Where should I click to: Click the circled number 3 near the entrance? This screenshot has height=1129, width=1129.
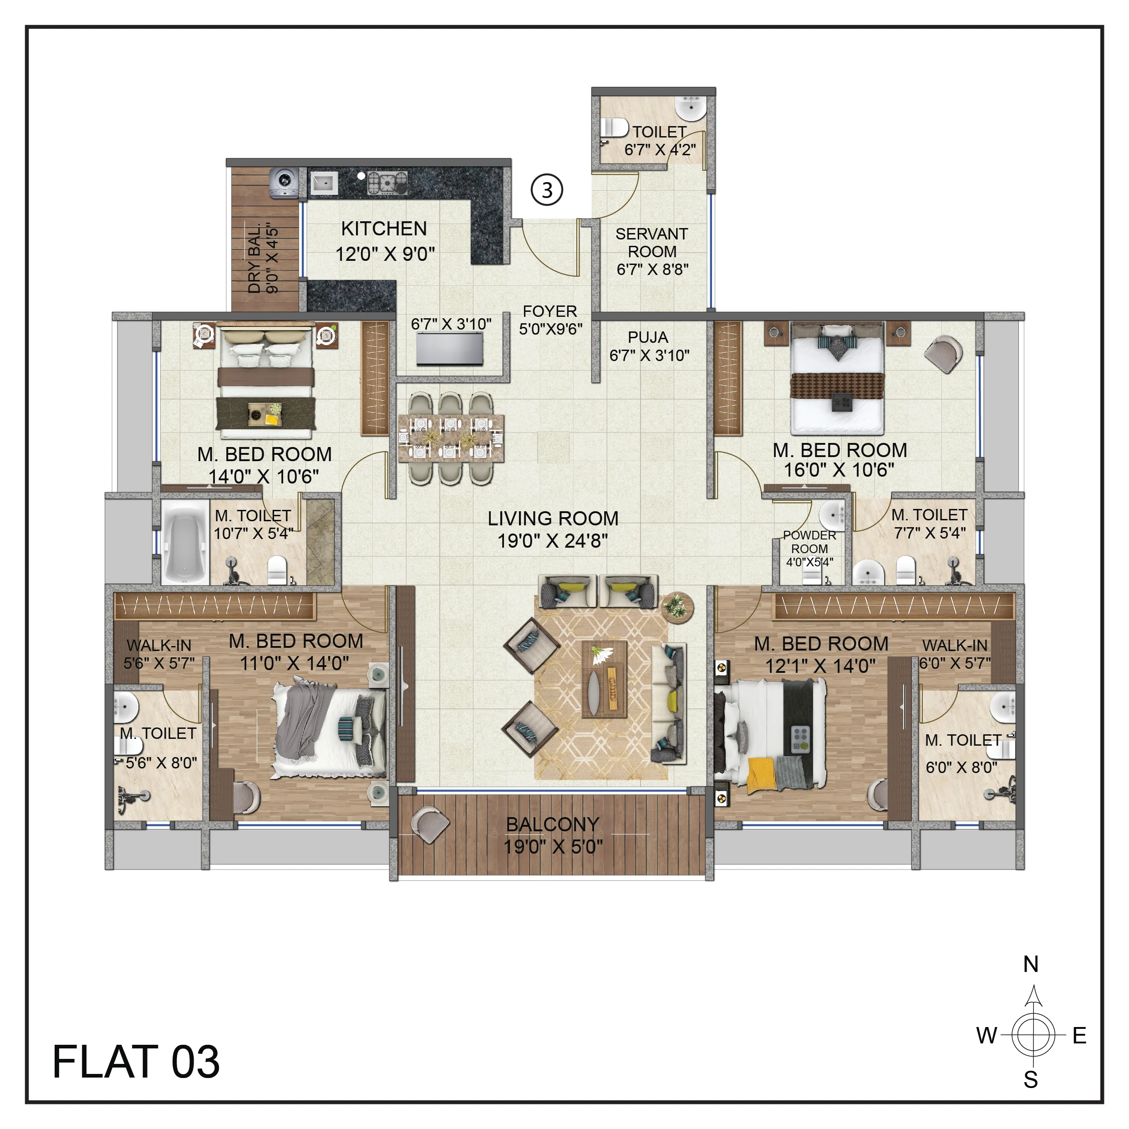coord(546,190)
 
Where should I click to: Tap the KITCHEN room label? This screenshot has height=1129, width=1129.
coord(384,229)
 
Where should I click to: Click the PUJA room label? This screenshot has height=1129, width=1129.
coord(648,337)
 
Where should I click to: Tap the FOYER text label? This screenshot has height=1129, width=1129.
coord(550,311)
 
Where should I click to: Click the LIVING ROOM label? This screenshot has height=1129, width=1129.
coord(553,519)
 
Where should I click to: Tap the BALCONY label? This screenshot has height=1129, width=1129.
coord(552,824)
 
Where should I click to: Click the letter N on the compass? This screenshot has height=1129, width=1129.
coord(1030,964)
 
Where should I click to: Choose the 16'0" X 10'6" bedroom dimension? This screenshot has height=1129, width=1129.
coord(839,469)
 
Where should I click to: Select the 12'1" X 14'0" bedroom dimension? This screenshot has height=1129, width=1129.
coord(820,666)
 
